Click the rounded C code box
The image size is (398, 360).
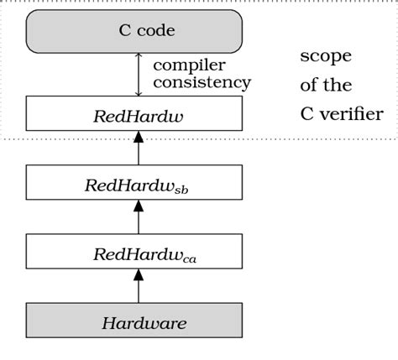134,32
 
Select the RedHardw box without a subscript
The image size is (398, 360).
134,113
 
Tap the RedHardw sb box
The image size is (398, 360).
134,184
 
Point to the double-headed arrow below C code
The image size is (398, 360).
138,75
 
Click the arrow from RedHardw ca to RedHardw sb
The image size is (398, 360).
138,217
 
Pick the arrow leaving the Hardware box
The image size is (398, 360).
138,287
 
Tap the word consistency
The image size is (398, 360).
202,82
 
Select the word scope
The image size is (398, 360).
326,56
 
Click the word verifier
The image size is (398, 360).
352,113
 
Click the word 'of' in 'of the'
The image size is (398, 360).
310,85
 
